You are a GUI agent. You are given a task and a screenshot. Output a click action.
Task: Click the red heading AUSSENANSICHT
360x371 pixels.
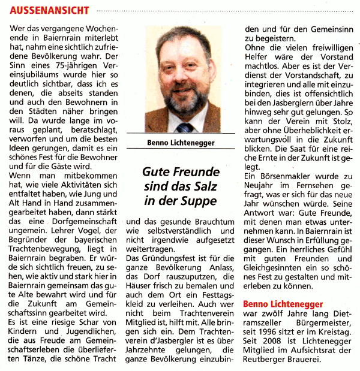[50, 10]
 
